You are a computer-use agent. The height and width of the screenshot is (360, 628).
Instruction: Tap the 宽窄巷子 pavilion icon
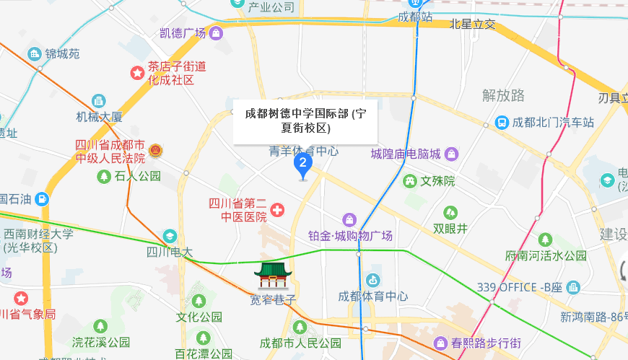272,276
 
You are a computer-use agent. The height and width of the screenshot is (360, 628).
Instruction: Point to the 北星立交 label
473,25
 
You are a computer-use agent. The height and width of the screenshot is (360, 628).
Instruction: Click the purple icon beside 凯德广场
216,32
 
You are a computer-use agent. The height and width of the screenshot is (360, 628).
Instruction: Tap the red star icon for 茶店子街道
136,72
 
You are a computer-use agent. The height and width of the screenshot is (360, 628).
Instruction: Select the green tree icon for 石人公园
104,176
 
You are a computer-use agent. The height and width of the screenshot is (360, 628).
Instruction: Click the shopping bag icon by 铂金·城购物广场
349,219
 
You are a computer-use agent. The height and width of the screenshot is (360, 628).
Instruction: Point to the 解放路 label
503,95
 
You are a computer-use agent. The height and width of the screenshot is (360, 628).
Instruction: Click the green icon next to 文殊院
410,180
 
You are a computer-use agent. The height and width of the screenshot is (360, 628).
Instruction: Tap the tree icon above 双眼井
450,212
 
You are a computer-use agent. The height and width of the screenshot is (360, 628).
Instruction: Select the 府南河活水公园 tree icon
545,239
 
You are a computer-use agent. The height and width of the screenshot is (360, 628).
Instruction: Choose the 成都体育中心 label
373,297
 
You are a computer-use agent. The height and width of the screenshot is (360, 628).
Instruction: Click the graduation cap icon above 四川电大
170,236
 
